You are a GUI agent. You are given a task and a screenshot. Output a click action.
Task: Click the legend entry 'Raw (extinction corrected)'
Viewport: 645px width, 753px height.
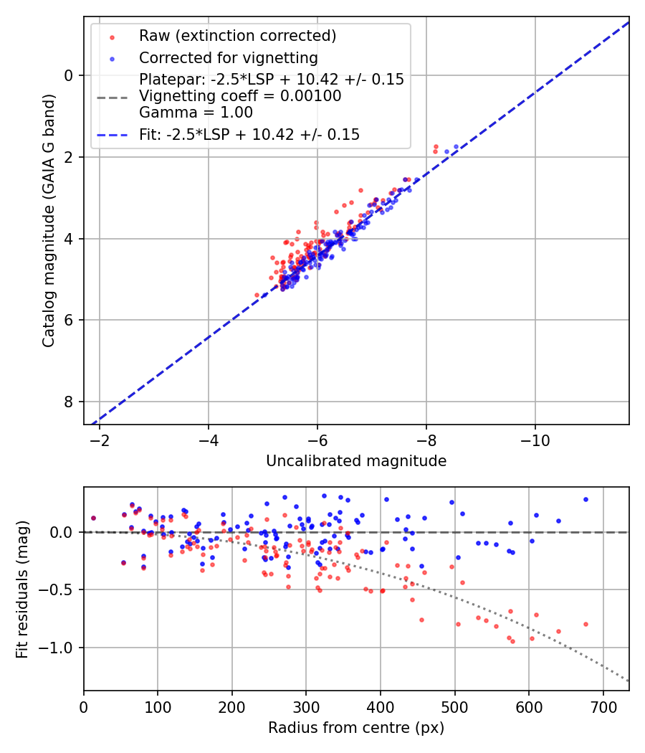coord(237,36)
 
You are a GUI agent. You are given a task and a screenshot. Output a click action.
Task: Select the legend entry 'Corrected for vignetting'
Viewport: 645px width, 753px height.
coord(228,57)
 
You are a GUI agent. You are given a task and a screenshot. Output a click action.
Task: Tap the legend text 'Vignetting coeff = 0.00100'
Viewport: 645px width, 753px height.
coord(240,95)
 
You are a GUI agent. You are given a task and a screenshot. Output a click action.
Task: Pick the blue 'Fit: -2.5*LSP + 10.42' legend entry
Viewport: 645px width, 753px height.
coord(249,134)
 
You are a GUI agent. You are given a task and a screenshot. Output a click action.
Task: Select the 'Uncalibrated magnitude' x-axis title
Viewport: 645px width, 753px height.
coord(356,461)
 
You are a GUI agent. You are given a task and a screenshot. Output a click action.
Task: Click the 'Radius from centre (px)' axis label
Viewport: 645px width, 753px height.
coord(356,728)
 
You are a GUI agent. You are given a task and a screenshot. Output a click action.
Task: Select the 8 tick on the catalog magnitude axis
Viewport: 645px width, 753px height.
coord(70,402)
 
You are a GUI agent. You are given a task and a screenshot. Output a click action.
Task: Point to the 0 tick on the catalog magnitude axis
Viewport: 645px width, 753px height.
coord(70,75)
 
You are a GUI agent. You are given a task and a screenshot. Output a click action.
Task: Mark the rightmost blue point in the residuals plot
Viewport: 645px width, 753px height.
coord(586,499)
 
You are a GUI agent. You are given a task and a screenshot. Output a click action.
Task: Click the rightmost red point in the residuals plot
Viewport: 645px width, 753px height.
coord(586,624)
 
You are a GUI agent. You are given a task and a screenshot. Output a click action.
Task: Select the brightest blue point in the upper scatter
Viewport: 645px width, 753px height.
coord(456,146)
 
